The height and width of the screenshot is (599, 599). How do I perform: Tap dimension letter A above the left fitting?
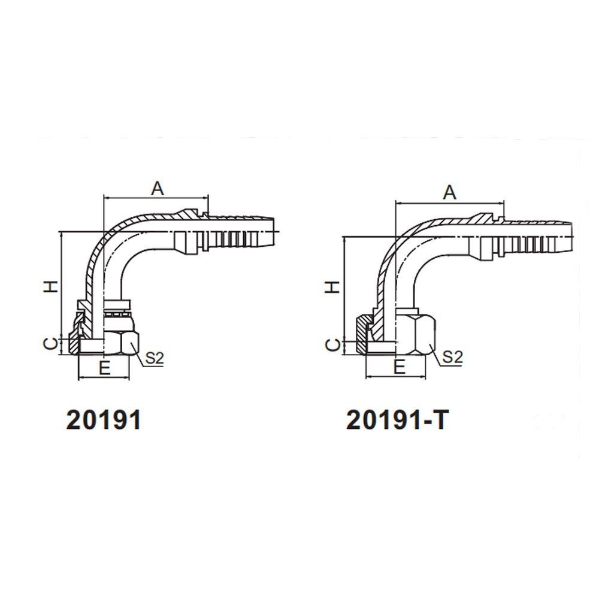[x=157, y=188]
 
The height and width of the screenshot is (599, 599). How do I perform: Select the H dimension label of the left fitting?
[x=53, y=286]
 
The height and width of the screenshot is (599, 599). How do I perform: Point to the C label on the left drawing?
[x=53, y=344]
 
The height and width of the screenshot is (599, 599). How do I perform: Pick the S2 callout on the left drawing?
[x=155, y=358]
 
